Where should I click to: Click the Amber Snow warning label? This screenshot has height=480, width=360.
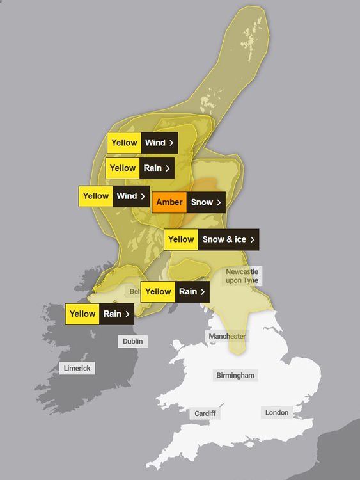189,202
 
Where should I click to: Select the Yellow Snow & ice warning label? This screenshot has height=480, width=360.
212,239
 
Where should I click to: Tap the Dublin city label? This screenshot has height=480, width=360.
133,341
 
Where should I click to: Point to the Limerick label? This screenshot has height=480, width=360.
77,368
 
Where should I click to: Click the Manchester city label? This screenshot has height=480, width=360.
226,336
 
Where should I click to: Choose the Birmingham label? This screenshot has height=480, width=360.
235,375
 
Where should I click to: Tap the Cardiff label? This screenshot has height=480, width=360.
205,413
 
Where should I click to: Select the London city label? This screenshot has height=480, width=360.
277,413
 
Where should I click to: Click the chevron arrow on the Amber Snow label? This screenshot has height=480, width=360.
219,203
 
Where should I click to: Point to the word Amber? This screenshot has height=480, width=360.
169,202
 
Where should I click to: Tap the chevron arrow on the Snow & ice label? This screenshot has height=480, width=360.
253,239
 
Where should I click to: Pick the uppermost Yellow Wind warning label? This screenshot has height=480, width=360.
143,143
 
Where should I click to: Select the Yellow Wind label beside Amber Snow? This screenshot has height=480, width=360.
114,196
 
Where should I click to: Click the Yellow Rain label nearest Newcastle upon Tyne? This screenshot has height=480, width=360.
175,292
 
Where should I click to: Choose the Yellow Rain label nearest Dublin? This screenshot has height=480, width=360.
99,314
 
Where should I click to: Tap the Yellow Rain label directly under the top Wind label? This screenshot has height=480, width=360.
140,168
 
